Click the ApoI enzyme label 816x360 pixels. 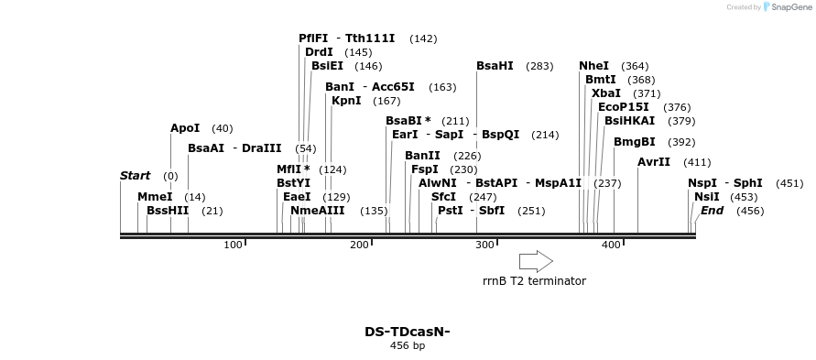pos(184,128)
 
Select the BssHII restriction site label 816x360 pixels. pos(168,211)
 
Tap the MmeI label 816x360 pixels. pos(154,197)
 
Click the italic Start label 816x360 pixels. pos(135,176)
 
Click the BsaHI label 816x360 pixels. pos(495,66)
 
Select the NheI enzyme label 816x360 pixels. pos(593,66)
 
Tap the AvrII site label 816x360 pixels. pos(654,162)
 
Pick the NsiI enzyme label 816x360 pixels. pos(706,197)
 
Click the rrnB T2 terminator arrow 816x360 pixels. pos(536,261)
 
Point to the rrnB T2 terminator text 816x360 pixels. pos(534,281)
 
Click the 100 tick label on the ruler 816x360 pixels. pos(233,245)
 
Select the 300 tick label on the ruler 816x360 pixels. pos(485,245)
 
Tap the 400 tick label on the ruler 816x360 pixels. pos(611,245)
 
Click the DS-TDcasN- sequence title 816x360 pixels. pos(408,332)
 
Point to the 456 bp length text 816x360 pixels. pos(408,346)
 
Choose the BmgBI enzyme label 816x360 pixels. pos(634,142)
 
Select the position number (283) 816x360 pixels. pos(540,66)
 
